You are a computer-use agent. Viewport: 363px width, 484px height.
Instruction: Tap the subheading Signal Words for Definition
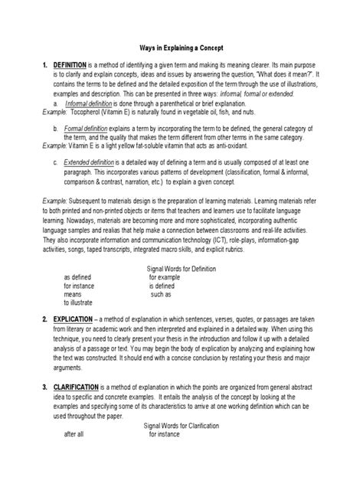[x=181, y=269]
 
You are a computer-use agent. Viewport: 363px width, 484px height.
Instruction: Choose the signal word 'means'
[x=73, y=294]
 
